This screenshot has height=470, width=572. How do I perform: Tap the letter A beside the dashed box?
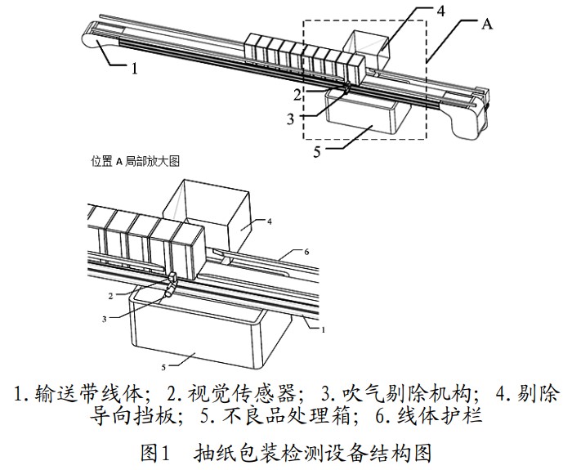(x=487, y=25)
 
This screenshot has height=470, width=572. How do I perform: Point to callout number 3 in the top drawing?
(x=292, y=119)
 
